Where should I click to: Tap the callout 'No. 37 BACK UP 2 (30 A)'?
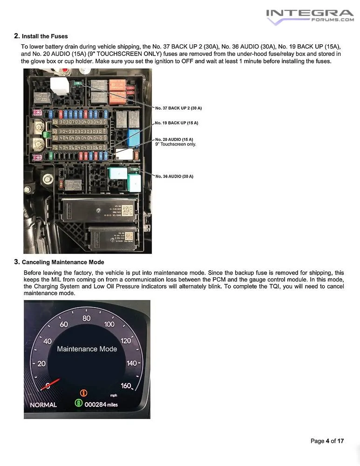pyautogui.click(x=178, y=108)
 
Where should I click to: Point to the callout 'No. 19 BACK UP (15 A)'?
pyautogui.click(x=177, y=123)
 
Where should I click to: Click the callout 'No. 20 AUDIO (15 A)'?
pyautogui.click(x=174, y=139)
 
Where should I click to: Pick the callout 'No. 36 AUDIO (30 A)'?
pyautogui.click(x=174, y=176)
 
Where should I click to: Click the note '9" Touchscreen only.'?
pyautogui.click(x=176, y=144)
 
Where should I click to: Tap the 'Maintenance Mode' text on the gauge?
pyautogui.click(x=87, y=349)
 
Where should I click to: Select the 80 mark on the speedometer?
pyautogui.click(x=87, y=319)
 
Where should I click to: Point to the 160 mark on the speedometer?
pyautogui.click(x=126, y=386)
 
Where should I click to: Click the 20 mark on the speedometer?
pyautogui.click(x=42, y=364)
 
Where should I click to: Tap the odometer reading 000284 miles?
pyautogui.click(x=101, y=404)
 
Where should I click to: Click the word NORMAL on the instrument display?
pyautogui.click(x=43, y=404)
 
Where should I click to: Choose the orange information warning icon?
pyautogui.click(x=84, y=392)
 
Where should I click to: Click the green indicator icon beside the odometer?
pyautogui.click(x=78, y=404)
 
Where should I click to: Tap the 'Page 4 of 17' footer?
pyautogui.click(x=327, y=441)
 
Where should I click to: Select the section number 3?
pyautogui.click(x=17, y=262)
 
